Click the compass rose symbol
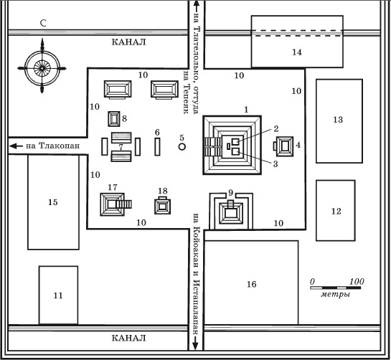pos(42,68)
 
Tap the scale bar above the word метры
pos(336,288)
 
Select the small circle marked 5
pos(182,147)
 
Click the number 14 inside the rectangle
pos(297,52)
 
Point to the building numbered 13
pos(339,121)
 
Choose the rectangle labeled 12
pos(336,210)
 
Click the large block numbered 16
pos(251,283)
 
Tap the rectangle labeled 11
pos(58,295)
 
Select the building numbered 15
pos(53,202)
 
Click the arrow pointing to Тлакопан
pos(16,146)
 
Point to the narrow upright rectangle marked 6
pos(157,146)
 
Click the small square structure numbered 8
pos(114,119)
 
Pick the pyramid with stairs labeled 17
pos(116,204)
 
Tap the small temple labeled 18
pos(163,206)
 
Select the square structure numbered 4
pos(284,146)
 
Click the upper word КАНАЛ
pos(128,42)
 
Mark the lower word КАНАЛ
pos(128,338)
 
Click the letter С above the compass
pos(43,23)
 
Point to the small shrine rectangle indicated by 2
pos(235,141)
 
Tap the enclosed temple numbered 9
pos(231,212)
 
